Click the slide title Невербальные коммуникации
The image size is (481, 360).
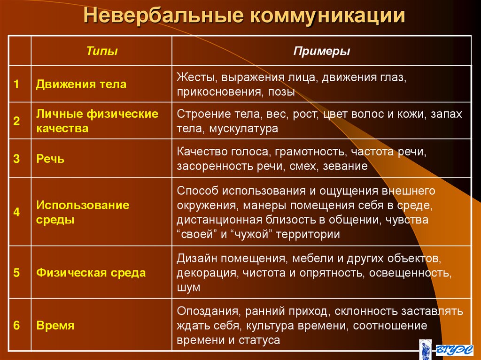point(244,15)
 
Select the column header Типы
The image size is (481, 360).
point(102,51)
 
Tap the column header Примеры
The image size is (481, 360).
point(322,51)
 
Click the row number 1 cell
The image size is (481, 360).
point(16,84)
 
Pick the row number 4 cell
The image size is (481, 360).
point(16,212)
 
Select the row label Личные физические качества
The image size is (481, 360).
point(97,121)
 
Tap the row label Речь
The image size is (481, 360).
point(50,159)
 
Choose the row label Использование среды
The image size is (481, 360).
point(83,212)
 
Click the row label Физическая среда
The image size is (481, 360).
point(91,273)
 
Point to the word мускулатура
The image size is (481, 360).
point(244,128)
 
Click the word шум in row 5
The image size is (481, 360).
point(188,287)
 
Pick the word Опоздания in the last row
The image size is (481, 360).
point(204,311)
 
